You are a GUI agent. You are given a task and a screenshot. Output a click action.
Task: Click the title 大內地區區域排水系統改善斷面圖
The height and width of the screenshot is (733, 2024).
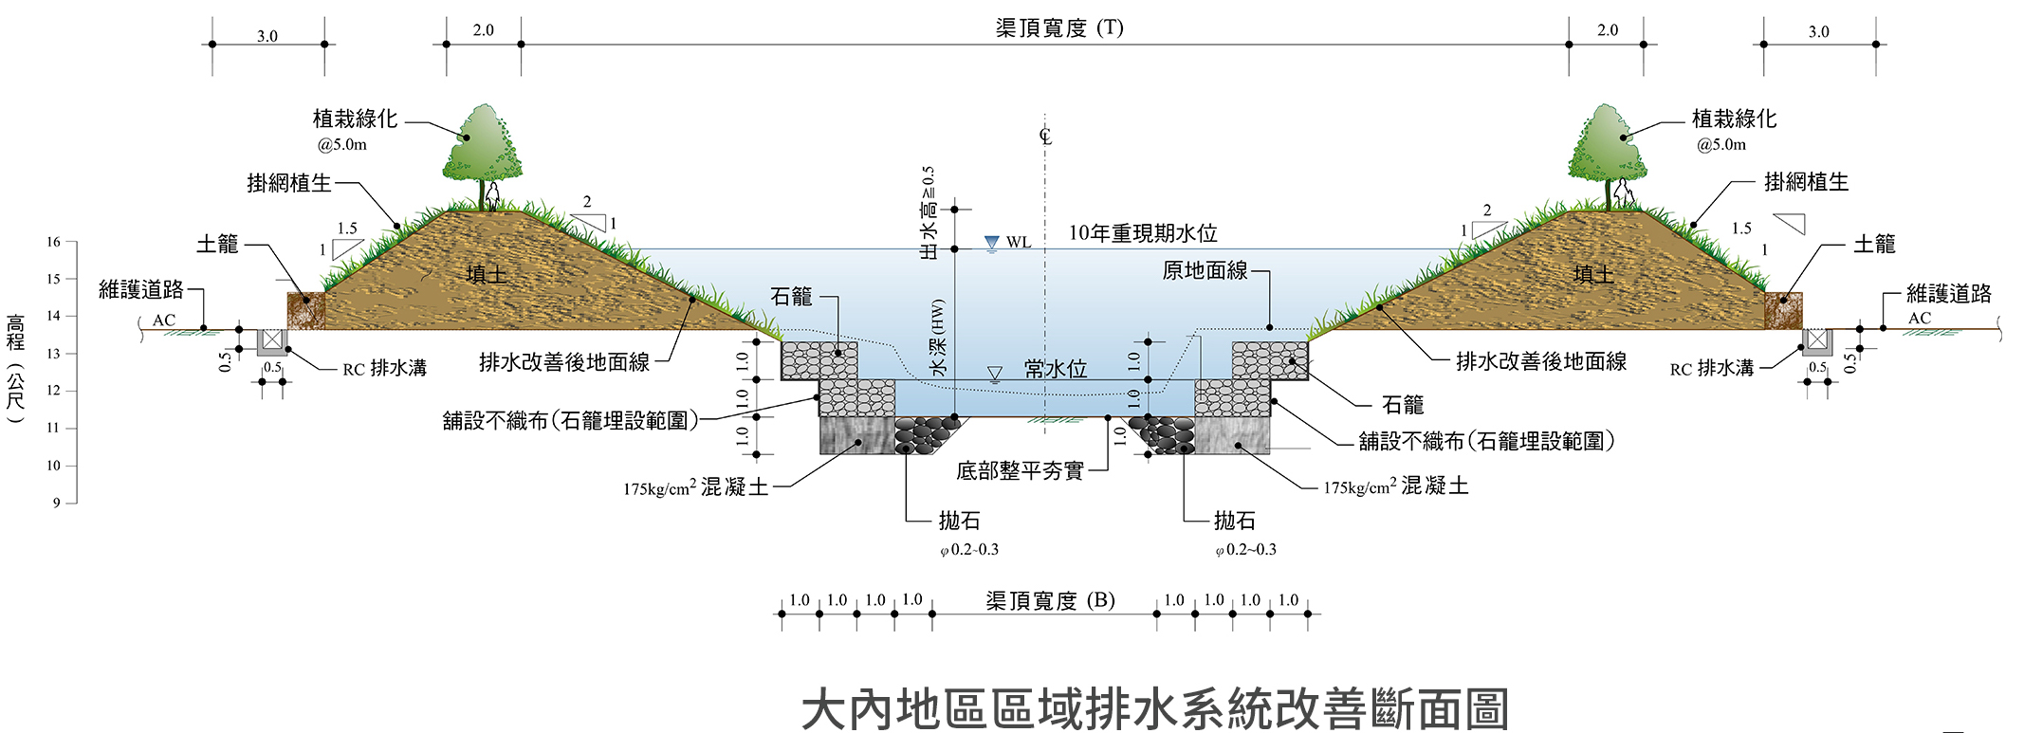click(1154, 709)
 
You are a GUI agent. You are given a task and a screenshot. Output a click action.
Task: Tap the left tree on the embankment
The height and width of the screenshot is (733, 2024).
click(483, 147)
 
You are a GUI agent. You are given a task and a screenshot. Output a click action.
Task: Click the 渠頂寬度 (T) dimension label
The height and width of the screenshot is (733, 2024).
click(1058, 27)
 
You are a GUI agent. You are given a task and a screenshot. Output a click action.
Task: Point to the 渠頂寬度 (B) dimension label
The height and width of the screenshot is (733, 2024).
click(1050, 600)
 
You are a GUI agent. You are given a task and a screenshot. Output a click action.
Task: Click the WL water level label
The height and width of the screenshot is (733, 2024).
click(1019, 243)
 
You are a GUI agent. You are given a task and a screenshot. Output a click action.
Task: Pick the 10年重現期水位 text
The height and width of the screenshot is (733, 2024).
click(1143, 233)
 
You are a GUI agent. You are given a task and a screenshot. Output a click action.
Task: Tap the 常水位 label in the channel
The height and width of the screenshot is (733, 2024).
click(1055, 369)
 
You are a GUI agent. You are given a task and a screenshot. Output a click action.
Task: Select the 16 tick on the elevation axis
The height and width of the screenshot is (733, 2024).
click(54, 242)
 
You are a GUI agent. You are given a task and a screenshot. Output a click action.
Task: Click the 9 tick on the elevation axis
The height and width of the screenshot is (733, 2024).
click(57, 503)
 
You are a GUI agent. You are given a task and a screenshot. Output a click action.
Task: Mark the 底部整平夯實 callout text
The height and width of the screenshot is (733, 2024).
click(1020, 471)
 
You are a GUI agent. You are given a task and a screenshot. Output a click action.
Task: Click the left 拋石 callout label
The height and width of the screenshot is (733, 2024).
click(959, 521)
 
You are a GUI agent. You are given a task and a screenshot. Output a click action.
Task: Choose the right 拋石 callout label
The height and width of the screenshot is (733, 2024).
click(1235, 521)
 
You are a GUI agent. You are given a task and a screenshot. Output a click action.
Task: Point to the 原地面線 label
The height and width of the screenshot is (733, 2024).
click(1205, 271)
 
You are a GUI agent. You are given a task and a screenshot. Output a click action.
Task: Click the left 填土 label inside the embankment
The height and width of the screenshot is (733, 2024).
click(488, 275)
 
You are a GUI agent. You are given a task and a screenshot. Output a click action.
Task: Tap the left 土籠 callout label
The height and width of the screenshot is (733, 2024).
click(217, 245)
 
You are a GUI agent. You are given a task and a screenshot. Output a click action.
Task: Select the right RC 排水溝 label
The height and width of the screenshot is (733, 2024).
click(1712, 369)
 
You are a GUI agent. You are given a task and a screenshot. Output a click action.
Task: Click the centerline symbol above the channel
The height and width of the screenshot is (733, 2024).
click(1045, 136)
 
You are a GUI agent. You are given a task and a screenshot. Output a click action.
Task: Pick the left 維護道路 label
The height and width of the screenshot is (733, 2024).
click(141, 289)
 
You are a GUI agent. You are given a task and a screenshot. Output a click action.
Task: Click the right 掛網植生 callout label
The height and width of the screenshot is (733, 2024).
click(1806, 182)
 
